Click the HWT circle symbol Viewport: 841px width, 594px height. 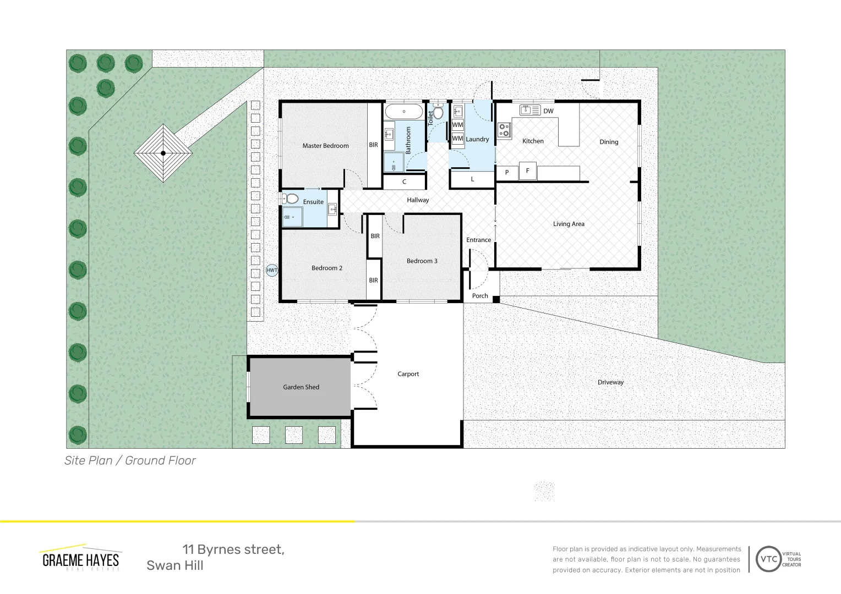(x=272, y=270)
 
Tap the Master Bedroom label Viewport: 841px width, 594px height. (x=325, y=146)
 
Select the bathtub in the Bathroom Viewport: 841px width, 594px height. (x=403, y=112)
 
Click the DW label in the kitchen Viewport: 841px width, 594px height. (x=548, y=111)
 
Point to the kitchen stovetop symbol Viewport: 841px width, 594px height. (x=504, y=130)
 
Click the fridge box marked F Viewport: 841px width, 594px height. (x=527, y=171)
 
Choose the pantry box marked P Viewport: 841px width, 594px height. (x=507, y=173)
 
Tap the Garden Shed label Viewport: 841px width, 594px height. (x=301, y=387)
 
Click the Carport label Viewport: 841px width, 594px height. (x=408, y=374)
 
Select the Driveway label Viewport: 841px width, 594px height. (x=610, y=382)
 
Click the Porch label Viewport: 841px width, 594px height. (x=480, y=296)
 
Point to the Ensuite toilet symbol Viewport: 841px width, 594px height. (x=290, y=199)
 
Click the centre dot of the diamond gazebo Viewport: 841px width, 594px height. (x=163, y=153)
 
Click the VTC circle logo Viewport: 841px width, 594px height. (x=768, y=559)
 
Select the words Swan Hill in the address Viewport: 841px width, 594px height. (x=175, y=565)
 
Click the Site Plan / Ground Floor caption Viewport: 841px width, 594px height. (x=130, y=460)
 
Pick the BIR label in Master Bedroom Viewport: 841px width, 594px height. (x=373, y=145)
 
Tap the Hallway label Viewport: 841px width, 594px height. (x=418, y=200)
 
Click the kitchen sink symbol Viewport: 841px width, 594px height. (x=530, y=111)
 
